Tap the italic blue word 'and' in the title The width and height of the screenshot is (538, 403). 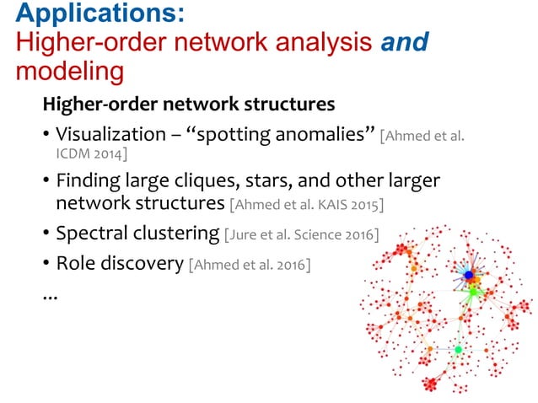(x=407, y=41)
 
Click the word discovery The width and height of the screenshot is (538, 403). (x=140, y=263)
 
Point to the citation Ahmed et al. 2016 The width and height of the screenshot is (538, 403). (x=250, y=265)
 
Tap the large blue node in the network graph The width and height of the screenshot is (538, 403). (x=468, y=275)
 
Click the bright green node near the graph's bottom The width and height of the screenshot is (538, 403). (x=458, y=348)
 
